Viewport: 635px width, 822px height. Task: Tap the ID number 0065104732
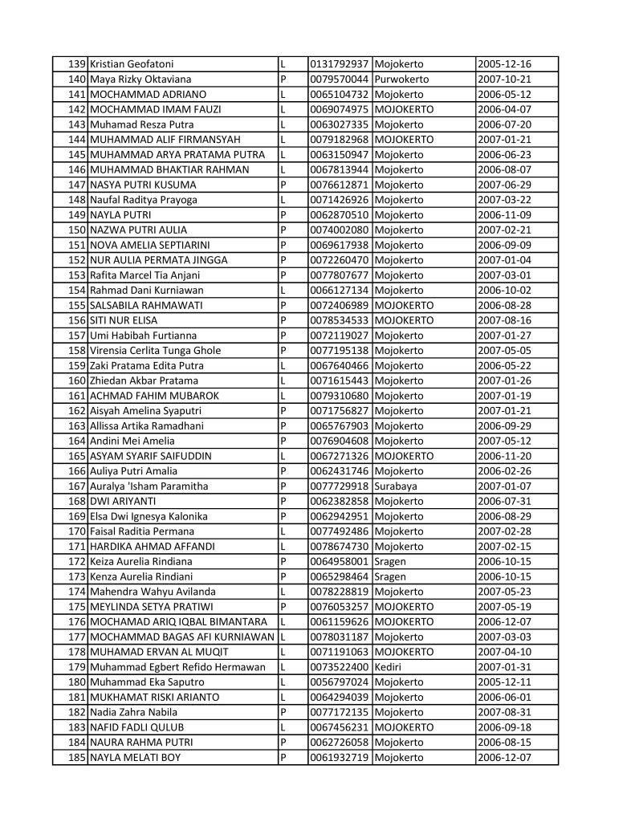point(340,94)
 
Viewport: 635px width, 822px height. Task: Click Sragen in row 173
point(390,576)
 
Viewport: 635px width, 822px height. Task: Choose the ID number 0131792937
point(340,64)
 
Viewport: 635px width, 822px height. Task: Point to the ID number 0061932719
point(340,757)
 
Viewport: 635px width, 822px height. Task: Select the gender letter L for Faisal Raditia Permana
point(283,531)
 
